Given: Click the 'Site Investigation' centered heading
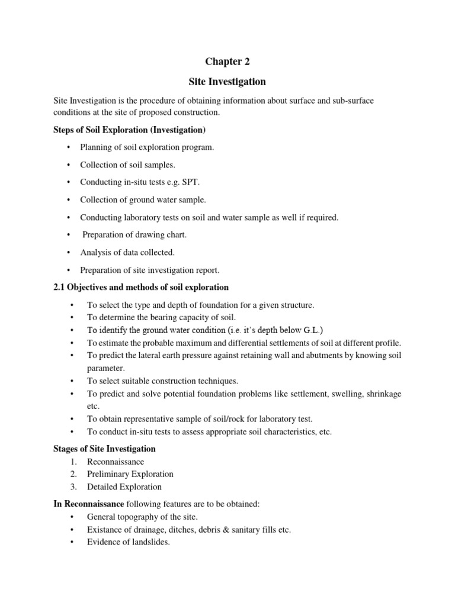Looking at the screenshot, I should (x=227, y=81).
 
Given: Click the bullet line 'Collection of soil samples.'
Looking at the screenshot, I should (x=128, y=165).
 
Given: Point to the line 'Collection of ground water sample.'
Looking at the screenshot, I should (x=143, y=199).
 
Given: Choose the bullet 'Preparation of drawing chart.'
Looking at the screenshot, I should (x=134, y=235).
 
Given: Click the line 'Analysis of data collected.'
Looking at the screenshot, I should (x=127, y=252).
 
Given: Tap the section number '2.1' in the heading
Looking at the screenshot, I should (x=60, y=288).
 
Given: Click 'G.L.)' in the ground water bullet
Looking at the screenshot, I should (x=313, y=330).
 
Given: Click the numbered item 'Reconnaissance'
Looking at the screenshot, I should (x=116, y=462).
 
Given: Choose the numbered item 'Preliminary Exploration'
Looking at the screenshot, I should (x=130, y=474).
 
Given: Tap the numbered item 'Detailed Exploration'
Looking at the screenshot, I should (x=124, y=487).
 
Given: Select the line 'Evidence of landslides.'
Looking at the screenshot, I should (x=129, y=542).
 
